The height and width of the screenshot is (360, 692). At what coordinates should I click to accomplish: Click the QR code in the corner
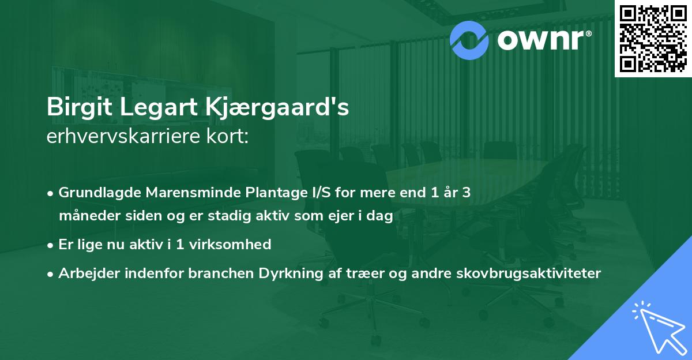(652, 38)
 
